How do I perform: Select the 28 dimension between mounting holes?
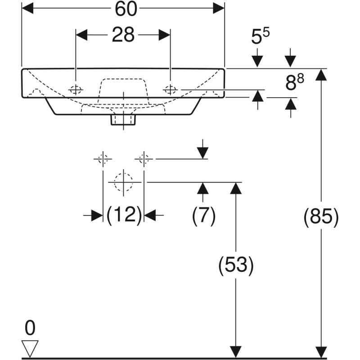pos(123,35)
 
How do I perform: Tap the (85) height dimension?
pos(320,217)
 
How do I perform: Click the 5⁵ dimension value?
pos(260,37)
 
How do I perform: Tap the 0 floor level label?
pos(30,329)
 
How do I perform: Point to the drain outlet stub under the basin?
pos(123,119)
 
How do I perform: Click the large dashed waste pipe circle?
pos(123,182)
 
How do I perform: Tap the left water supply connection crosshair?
pos(103,159)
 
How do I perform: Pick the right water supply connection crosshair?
pos(144,159)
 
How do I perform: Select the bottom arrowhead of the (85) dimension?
pos(320,353)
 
